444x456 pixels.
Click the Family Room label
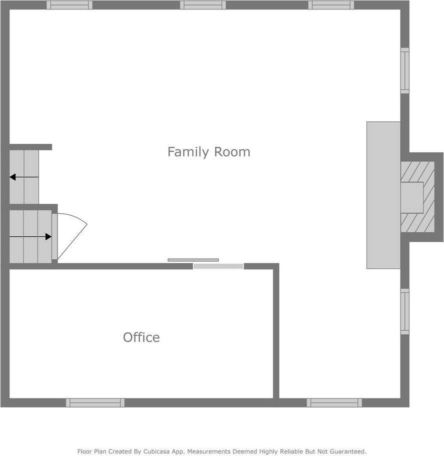(x=208, y=152)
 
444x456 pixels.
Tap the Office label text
(x=141, y=338)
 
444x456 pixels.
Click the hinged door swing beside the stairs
(x=70, y=235)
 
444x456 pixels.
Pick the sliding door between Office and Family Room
(x=218, y=266)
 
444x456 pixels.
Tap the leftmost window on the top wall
(x=69, y=5)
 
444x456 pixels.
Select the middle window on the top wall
(x=202, y=5)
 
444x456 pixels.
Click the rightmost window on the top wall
(x=331, y=5)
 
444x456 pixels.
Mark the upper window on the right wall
(x=404, y=70)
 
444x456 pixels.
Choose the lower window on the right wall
(x=404, y=312)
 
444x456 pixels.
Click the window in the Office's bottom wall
(x=95, y=403)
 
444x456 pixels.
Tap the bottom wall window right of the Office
(x=334, y=403)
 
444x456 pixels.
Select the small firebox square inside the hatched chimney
(x=412, y=197)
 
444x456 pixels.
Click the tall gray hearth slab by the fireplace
(x=383, y=195)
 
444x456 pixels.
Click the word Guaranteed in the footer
(x=344, y=452)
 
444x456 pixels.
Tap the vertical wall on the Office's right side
(x=276, y=332)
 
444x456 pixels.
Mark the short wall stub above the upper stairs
(x=30, y=147)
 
